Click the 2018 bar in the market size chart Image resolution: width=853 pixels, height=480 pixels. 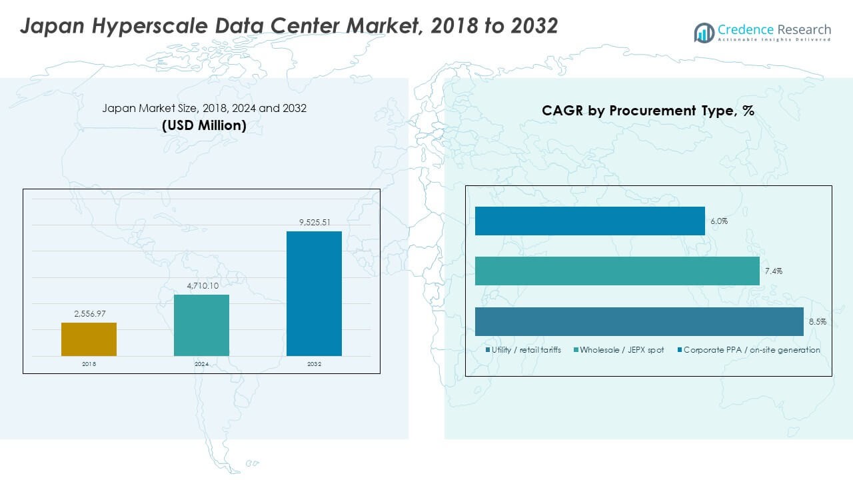[89, 339]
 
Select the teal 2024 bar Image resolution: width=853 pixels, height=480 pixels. [201, 325]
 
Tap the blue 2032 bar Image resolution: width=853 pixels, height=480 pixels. [314, 293]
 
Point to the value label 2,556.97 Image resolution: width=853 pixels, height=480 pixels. [89, 313]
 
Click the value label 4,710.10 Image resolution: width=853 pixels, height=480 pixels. [201, 285]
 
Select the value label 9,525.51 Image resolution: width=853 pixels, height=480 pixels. [314, 221]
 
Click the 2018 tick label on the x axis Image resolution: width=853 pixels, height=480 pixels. [89, 365]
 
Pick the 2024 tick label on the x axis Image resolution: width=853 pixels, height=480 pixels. [201, 365]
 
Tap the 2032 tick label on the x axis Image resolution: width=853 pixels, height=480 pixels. [314, 365]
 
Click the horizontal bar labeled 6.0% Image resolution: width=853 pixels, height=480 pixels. [590, 221]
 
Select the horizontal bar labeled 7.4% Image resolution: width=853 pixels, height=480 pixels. [617, 271]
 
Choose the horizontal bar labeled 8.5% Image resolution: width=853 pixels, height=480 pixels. [639, 321]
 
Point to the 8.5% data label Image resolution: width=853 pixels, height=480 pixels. [818, 321]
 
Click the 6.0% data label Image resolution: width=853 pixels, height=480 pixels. [718, 221]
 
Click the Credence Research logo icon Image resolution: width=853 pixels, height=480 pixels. [704, 32]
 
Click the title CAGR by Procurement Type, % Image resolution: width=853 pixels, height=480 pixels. [648, 111]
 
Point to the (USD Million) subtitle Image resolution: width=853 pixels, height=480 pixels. [204, 125]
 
